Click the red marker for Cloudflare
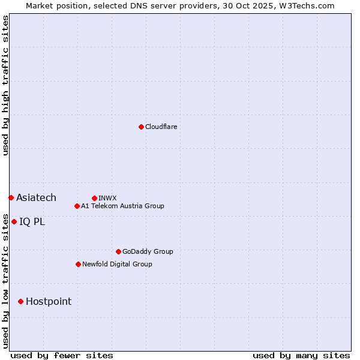(x=141, y=127)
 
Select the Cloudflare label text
(x=161, y=127)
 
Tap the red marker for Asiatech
(x=11, y=197)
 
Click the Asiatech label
(x=36, y=197)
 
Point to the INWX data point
(x=94, y=198)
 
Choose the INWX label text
(x=107, y=198)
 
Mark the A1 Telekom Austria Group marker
(x=77, y=206)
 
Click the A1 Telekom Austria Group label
(x=122, y=206)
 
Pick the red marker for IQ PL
(x=14, y=221)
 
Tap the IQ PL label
(x=32, y=221)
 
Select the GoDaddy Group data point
(x=118, y=251)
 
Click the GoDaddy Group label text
(x=148, y=251)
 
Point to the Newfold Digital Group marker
(x=78, y=264)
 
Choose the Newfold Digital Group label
(x=117, y=264)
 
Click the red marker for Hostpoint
(x=20, y=301)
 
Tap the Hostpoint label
(x=48, y=301)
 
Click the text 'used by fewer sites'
(x=62, y=355)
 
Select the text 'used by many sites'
(x=301, y=355)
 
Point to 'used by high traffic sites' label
(x=5, y=85)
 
